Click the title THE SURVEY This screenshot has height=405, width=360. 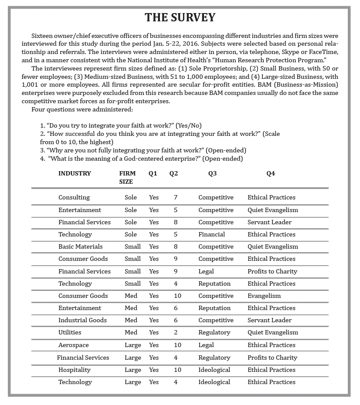(x=180, y=17)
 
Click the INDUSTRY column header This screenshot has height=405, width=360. (x=75, y=173)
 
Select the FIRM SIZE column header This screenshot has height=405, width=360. (x=127, y=177)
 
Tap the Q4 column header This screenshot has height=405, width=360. (x=271, y=173)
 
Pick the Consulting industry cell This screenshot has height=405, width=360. (x=74, y=197)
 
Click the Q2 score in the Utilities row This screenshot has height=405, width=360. (x=175, y=332)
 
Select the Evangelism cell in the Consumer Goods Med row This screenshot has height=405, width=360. (x=264, y=296)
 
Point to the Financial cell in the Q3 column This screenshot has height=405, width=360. (x=211, y=234)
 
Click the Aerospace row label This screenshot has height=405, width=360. (x=73, y=345)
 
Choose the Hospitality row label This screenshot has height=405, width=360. (x=75, y=370)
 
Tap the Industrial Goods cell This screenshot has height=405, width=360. (x=82, y=320)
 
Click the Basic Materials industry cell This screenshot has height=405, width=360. (x=81, y=246)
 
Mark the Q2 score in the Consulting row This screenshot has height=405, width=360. (x=175, y=197)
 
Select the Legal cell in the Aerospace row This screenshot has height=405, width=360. (x=206, y=345)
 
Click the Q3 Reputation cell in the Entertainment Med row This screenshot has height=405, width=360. (x=214, y=308)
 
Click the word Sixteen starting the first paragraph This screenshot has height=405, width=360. (x=43, y=36)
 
